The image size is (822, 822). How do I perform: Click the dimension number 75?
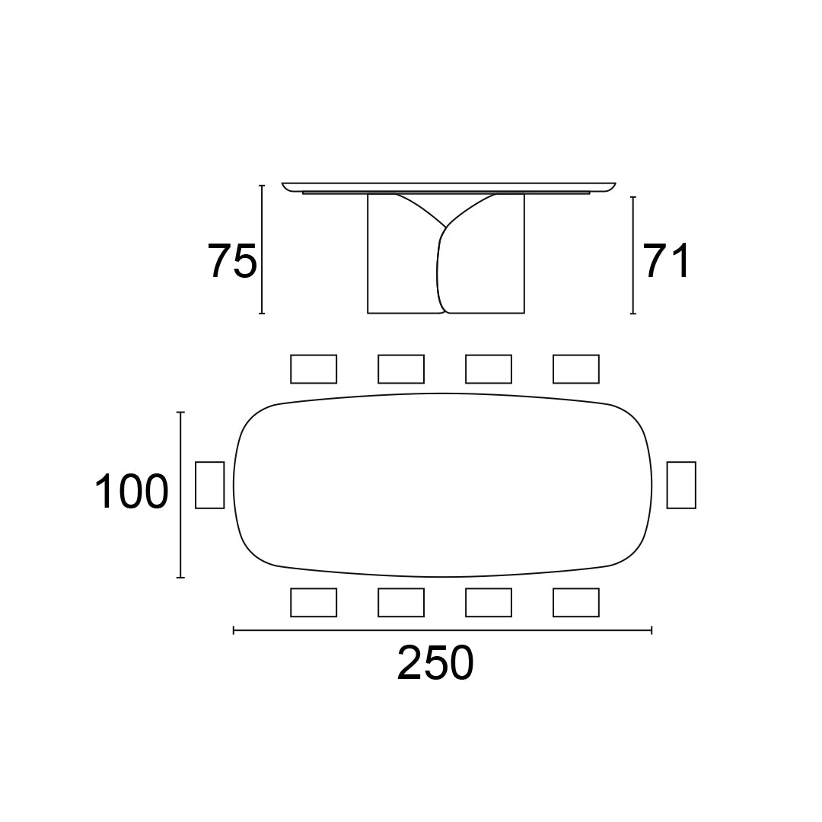pos(233,260)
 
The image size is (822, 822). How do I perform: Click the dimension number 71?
pos(667,260)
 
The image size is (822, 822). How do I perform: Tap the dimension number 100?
pos(132,491)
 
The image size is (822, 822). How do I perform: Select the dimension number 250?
pos(435,663)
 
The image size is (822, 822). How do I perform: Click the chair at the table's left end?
pos(210,485)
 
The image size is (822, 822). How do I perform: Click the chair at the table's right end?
pos(681,485)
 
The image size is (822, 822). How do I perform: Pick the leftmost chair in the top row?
pos(314,369)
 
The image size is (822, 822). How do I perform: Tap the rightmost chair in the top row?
pos(575,369)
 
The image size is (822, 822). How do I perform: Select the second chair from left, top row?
pos(401,369)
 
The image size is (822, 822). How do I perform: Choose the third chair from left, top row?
pos(489,369)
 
